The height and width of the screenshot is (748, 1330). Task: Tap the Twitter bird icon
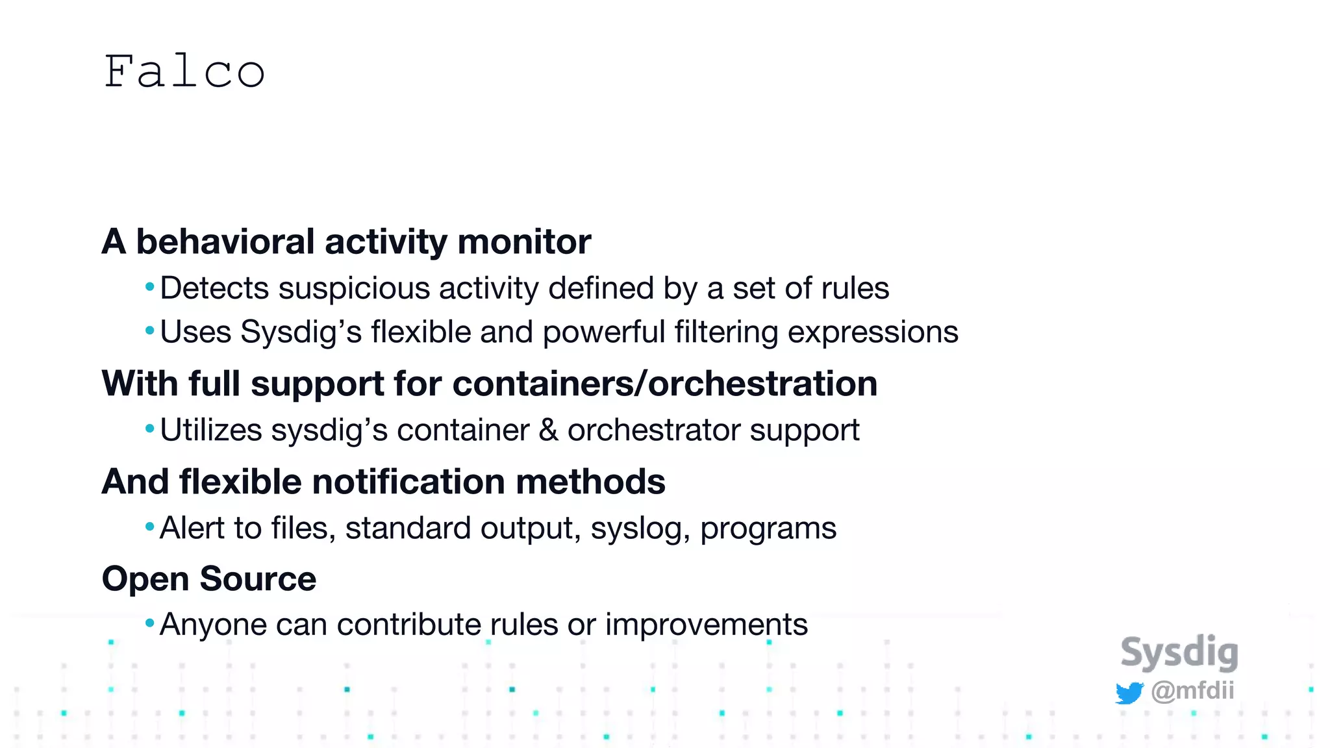1129,693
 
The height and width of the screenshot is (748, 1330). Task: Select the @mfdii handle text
1192,690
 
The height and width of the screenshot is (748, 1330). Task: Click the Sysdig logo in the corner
1179,653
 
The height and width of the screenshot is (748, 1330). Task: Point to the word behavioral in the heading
225,242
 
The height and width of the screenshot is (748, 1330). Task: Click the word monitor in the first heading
524,242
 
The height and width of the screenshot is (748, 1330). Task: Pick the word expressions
873,332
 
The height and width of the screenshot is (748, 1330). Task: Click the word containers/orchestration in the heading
665,383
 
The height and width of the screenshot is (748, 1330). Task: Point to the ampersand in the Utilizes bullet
549,430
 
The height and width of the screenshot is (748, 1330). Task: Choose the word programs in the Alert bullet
768,529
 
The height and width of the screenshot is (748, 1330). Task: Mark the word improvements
707,625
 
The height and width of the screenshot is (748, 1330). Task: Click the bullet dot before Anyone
150,624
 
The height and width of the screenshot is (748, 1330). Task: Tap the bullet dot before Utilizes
150,429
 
